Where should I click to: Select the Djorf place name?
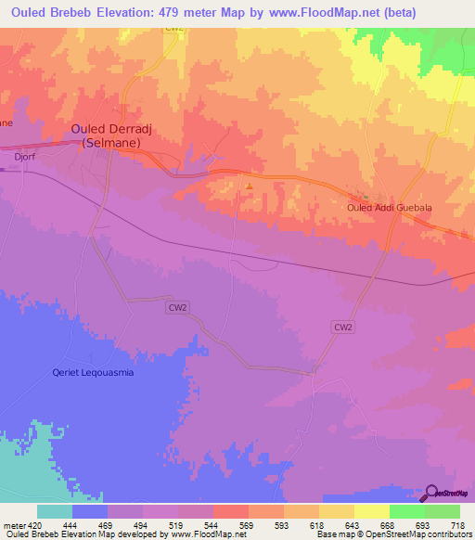pos(25,159)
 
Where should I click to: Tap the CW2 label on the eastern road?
pos(343,327)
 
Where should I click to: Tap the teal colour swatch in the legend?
pos(55,510)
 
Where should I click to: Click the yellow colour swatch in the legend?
pos(372,510)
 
